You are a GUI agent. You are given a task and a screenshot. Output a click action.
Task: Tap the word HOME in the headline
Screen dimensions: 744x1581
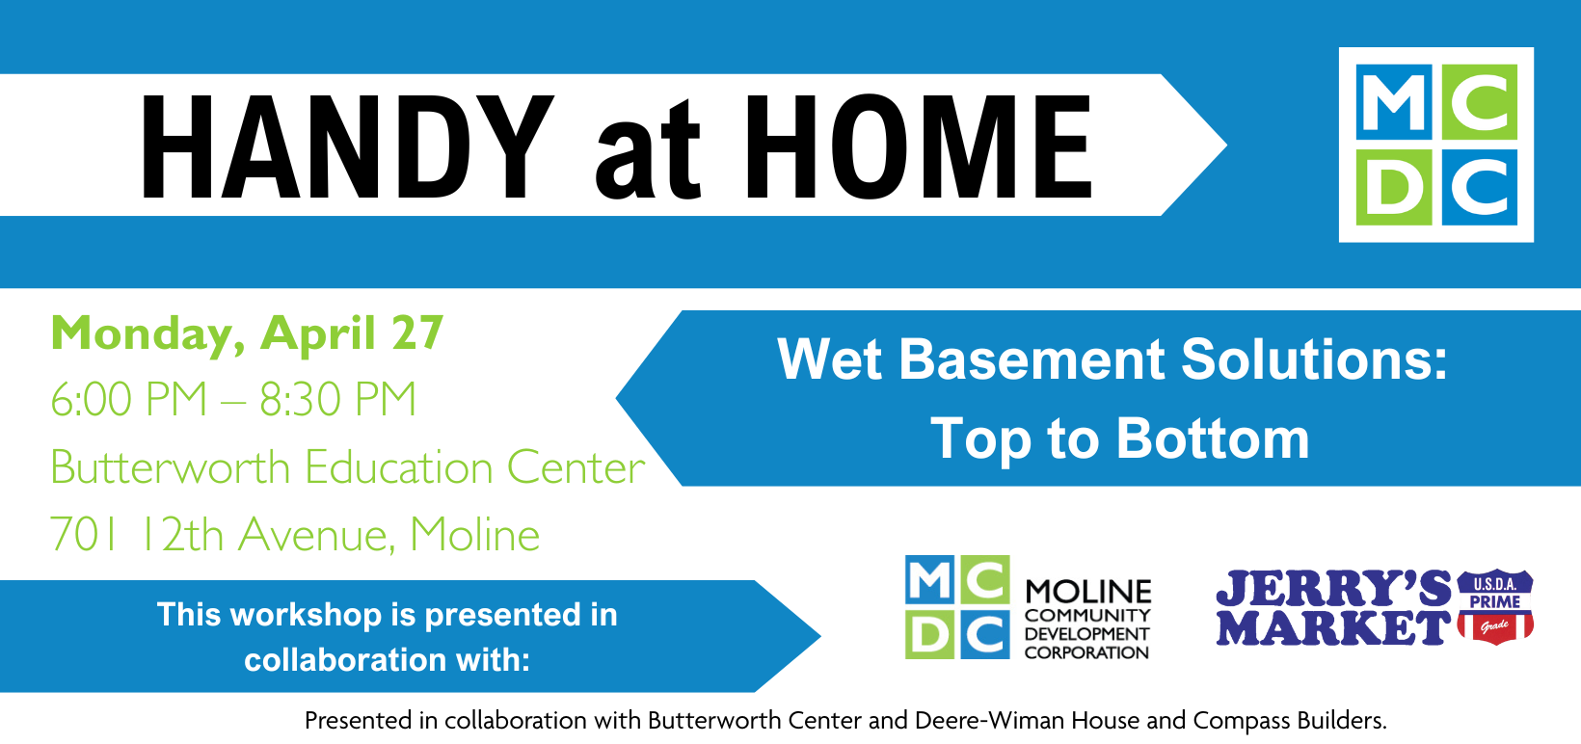coord(918,147)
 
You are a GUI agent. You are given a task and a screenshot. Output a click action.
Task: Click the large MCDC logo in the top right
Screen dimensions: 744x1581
coord(1436,145)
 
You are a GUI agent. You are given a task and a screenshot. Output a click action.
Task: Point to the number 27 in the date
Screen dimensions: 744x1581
coord(417,333)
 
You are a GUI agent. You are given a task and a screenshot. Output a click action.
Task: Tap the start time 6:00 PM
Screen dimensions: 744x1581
coord(129,400)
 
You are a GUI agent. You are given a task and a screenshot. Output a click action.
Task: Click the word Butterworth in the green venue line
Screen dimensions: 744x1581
coord(171,468)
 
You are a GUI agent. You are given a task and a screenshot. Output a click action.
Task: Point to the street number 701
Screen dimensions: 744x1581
coord(84,535)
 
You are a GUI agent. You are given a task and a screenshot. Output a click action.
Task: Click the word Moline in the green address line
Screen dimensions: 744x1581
coord(474,535)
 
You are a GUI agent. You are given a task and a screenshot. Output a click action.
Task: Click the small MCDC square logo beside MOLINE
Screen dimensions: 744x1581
coord(957,607)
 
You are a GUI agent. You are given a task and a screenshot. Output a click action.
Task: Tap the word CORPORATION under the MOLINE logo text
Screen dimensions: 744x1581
coord(1086,652)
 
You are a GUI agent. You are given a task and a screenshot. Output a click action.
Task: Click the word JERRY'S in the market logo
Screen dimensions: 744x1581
coord(1333,588)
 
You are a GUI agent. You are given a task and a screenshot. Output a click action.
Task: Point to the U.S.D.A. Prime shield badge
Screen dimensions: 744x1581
coord(1495,606)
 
